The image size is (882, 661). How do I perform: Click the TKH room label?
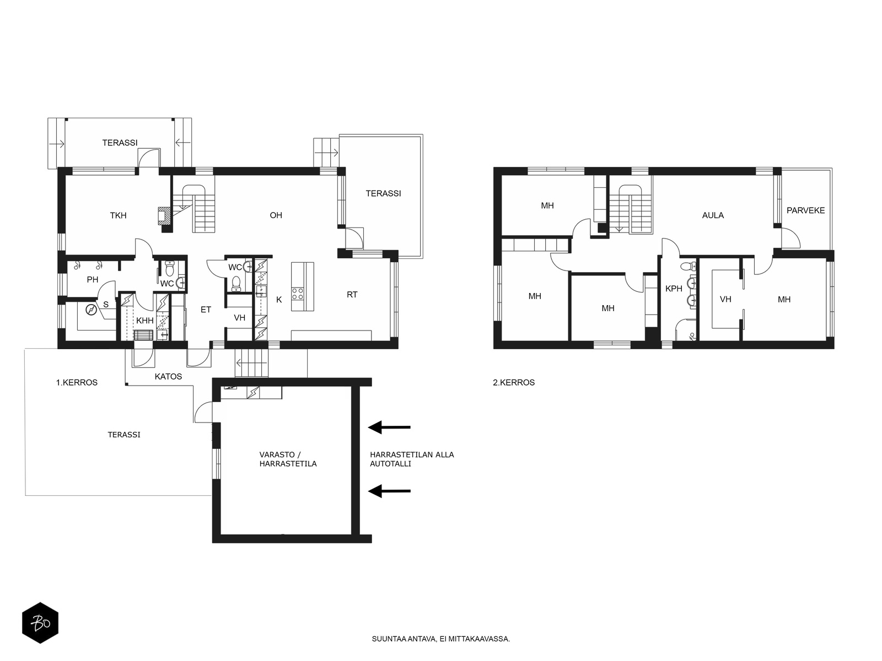coord(118,215)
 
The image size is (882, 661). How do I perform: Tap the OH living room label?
coord(276,215)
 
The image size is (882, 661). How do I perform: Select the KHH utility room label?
coord(144,321)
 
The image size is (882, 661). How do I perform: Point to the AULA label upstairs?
coord(713,215)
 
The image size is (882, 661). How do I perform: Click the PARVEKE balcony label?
coord(806,210)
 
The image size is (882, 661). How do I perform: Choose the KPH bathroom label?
coord(674,289)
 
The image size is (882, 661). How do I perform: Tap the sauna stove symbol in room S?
coord(92,310)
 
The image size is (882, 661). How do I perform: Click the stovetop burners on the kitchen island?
coord(298,294)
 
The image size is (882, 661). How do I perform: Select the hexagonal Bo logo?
coord(40,624)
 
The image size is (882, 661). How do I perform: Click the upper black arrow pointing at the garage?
coord(389,427)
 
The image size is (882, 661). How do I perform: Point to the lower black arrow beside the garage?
coord(389,491)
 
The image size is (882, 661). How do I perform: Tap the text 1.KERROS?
coord(77,383)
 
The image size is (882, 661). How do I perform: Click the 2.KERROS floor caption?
coord(514,383)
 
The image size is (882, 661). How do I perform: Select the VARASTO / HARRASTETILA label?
coord(288,459)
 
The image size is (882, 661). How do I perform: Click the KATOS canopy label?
coord(168,376)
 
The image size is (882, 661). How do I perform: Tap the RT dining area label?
coord(352,295)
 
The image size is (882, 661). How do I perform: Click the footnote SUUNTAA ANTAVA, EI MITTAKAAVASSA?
coord(441,639)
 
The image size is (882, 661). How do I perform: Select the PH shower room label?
coord(93,280)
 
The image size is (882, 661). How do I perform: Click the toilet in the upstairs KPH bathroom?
coord(689,266)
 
